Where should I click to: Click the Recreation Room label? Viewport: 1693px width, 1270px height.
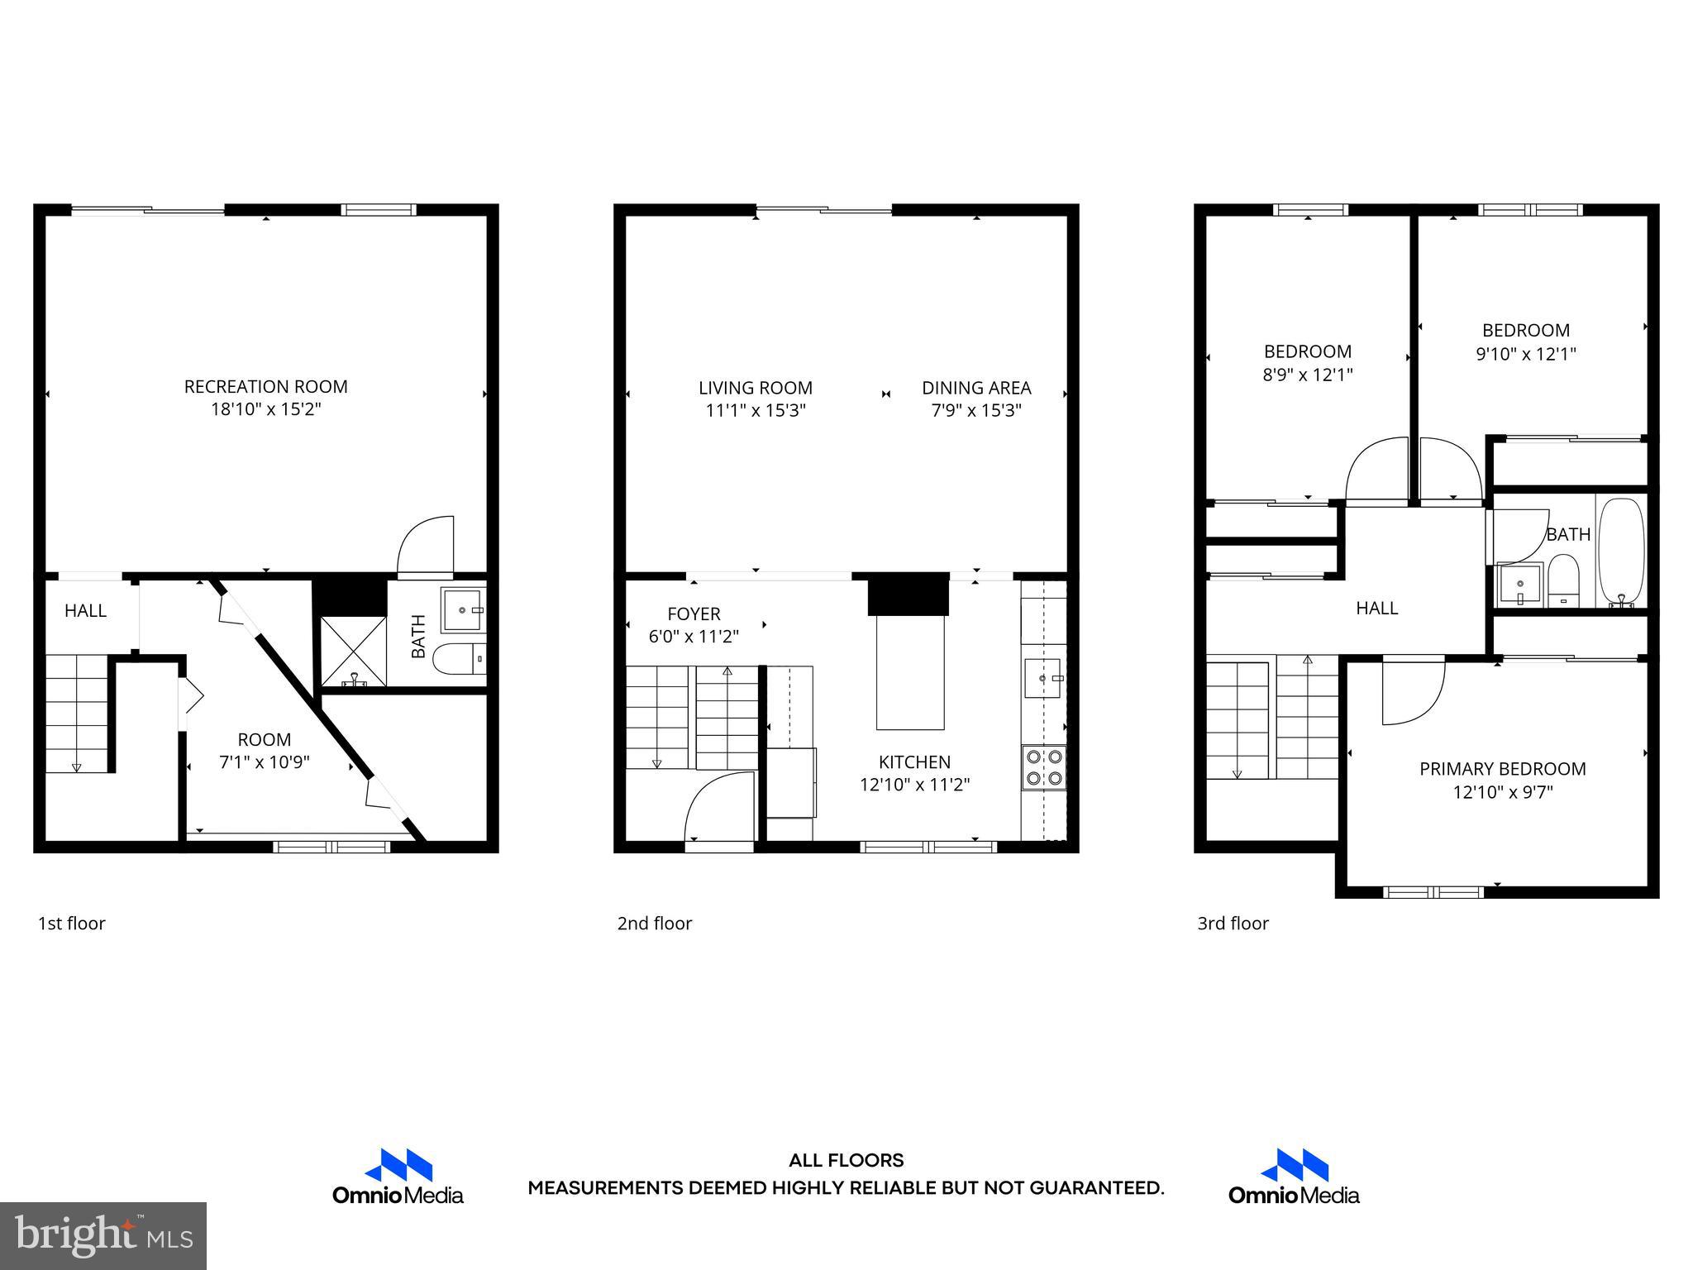pyautogui.click(x=265, y=386)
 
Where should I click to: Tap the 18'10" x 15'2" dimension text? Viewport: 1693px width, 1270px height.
pyautogui.click(x=265, y=409)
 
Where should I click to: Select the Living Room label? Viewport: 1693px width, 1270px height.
pyautogui.click(x=755, y=388)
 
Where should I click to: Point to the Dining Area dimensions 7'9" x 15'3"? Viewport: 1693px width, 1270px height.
pyautogui.click(x=976, y=411)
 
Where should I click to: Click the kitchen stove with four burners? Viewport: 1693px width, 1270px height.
pyautogui.click(x=1044, y=766)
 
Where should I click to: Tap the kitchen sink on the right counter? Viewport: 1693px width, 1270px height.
pyautogui.click(x=1042, y=678)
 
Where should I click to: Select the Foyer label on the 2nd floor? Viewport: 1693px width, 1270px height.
pyautogui.click(x=694, y=614)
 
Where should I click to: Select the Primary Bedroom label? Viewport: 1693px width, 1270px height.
pyautogui.click(x=1502, y=769)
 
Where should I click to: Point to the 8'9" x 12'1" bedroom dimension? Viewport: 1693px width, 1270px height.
pyautogui.click(x=1307, y=375)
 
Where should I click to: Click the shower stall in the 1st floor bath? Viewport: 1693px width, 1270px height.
pyautogui.click(x=353, y=651)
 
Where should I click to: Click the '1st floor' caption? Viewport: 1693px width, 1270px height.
pyautogui.click(x=72, y=924)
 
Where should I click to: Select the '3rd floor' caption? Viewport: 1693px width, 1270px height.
pyautogui.click(x=1233, y=924)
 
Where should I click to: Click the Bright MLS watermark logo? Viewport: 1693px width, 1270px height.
pyautogui.click(x=103, y=1235)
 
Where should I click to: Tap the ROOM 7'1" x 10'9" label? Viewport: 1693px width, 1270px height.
pyautogui.click(x=264, y=751)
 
